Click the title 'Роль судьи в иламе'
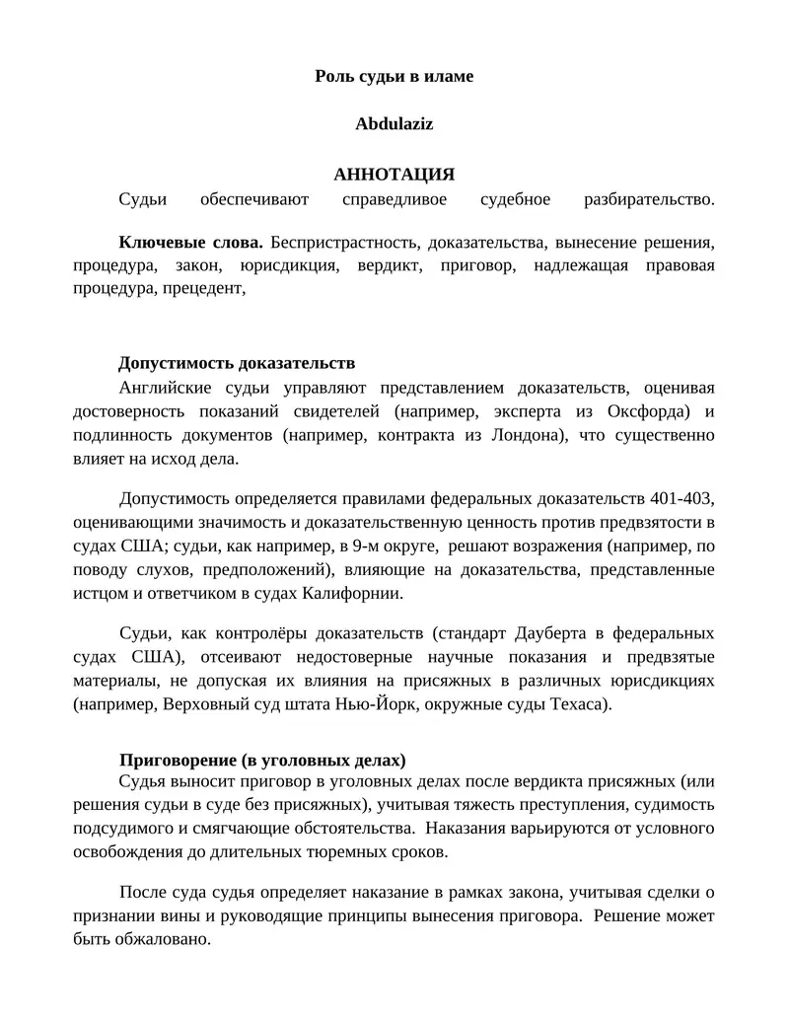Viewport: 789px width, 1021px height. click(x=394, y=76)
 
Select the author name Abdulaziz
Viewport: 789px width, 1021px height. click(x=394, y=124)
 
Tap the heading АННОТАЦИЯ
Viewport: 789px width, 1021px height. click(x=394, y=174)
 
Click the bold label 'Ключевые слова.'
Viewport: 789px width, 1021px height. click(x=191, y=242)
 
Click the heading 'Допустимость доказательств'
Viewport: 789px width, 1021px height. click(x=237, y=363)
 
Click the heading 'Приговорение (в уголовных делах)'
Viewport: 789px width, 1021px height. click(x=262, y=761)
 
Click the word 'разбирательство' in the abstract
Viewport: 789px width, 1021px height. click(x=648, y=200)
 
